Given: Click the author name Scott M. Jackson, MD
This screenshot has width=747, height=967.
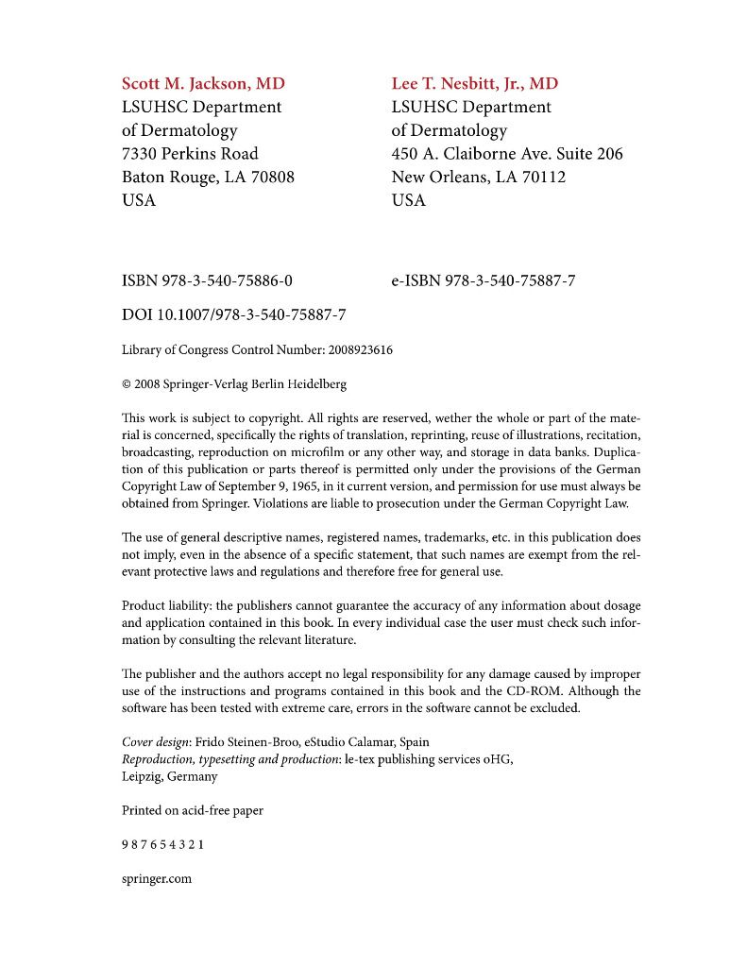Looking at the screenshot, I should (x=203, y=83).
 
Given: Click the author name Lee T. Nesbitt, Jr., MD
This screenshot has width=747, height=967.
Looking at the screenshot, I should (x=474, y=83).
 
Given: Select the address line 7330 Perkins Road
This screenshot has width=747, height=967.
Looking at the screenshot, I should (x=190, y=153).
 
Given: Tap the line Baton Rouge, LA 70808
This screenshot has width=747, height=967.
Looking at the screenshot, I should (x=208, y=177).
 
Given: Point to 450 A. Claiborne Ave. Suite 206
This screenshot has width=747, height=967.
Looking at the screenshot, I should (x=507, y=153).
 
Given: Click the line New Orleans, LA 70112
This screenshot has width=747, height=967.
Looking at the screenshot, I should (x=479, y=177).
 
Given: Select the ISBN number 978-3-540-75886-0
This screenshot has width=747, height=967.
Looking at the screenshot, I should (x=228, y=280).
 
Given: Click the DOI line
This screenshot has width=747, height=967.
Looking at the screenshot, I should (x=233, y=314).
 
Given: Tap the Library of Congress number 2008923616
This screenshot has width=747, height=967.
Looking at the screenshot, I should (x=361, y=350).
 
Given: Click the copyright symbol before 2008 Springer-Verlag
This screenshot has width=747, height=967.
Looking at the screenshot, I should (x=127, y=385).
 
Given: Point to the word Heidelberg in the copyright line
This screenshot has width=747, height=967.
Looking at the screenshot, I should (x=316, y=385).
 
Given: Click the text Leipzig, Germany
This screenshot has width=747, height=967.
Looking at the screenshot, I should (x=170, y=776).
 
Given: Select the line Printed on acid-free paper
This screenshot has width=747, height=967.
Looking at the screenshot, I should (x=193, y=810).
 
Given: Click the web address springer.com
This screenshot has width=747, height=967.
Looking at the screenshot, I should (x=157, y=878).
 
